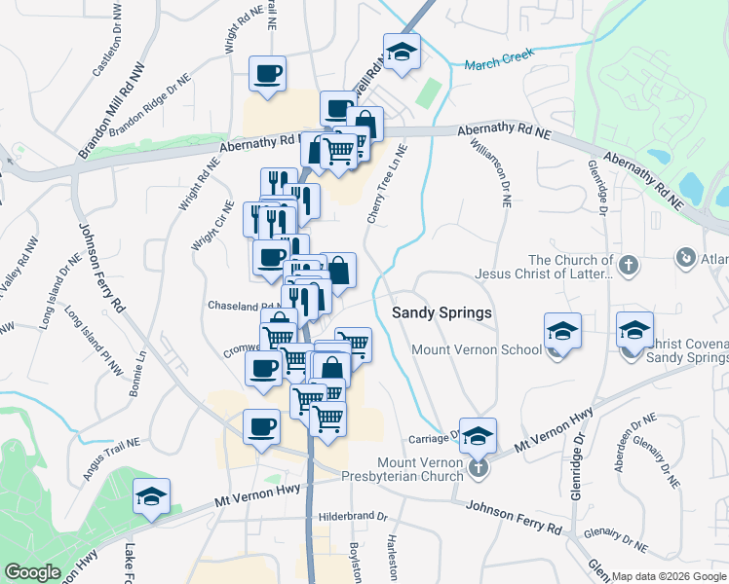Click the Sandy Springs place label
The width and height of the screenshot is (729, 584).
point(441,313)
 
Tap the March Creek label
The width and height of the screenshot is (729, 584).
point(500,62)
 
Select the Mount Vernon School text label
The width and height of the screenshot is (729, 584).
point(477,349)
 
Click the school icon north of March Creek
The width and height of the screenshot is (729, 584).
point(401,53)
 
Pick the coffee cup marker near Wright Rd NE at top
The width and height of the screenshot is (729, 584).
point(267,73)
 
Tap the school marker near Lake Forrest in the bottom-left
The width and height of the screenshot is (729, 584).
point(151,496)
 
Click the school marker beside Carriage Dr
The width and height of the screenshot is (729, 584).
point(478,436)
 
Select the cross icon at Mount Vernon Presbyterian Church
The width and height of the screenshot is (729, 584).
point(477,469)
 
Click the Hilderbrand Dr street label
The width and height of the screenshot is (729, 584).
point(354,516)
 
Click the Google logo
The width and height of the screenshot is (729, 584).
point(32,572)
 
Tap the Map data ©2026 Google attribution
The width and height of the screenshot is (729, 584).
point(669,576)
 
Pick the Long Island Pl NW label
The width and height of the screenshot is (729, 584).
point(91,342)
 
